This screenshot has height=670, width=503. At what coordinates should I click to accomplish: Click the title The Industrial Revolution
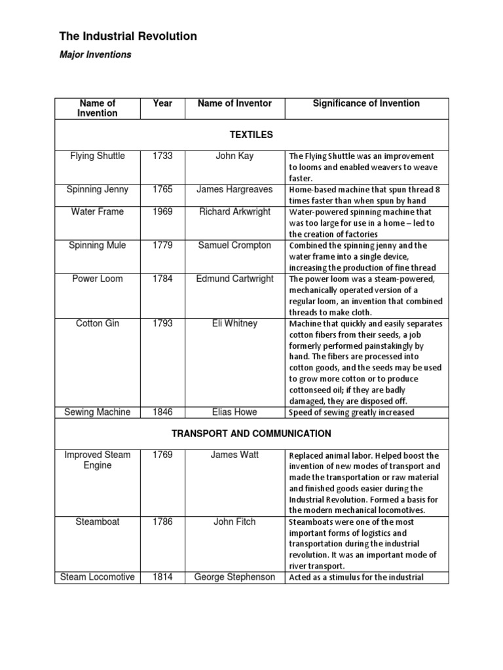click(x=128, y=37)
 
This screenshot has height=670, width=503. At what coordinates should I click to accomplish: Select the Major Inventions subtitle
click(x=96, y=55)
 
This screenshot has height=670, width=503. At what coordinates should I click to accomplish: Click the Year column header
click(x=162, y=103)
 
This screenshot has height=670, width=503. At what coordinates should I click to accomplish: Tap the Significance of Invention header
click(x=366, y=103)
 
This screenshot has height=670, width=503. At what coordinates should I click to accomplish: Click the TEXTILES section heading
click(x=251, y=135)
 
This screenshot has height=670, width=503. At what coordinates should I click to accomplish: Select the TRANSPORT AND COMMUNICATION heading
click(x=251, y=433)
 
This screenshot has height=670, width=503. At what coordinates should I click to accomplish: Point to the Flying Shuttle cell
click(x=98, y=156)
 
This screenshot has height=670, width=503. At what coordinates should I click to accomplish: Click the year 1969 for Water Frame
click(x=162, y=212)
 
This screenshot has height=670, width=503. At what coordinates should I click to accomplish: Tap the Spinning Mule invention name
click(x=98, y=245)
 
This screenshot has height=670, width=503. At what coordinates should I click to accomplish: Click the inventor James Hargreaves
click(x=234, y=190)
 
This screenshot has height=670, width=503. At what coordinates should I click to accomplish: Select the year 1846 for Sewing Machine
click(x=162, y=412)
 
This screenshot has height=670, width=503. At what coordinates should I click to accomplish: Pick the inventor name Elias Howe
click(x=234, y=412)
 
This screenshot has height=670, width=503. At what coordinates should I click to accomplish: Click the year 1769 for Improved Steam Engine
click(x=162, y=455)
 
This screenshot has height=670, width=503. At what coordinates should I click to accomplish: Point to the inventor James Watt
click(x=234, y=455)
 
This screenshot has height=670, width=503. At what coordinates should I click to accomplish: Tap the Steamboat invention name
click(x=98, y=522)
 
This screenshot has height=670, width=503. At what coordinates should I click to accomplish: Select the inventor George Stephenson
click(x=234, y=577)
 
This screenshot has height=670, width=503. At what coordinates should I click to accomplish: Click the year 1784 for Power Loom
click(x=162, y=279)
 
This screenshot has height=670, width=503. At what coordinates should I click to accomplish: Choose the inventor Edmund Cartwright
click(x=234, y=279)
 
